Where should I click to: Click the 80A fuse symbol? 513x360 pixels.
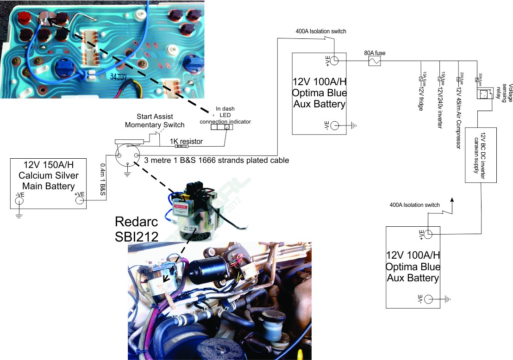(374, 61)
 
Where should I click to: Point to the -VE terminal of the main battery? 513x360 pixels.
(19, 201)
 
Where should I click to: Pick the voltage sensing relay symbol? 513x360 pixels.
(484, 94)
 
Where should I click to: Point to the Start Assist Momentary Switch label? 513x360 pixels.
(155, 121)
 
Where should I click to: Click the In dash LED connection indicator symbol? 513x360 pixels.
(221, 127)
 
